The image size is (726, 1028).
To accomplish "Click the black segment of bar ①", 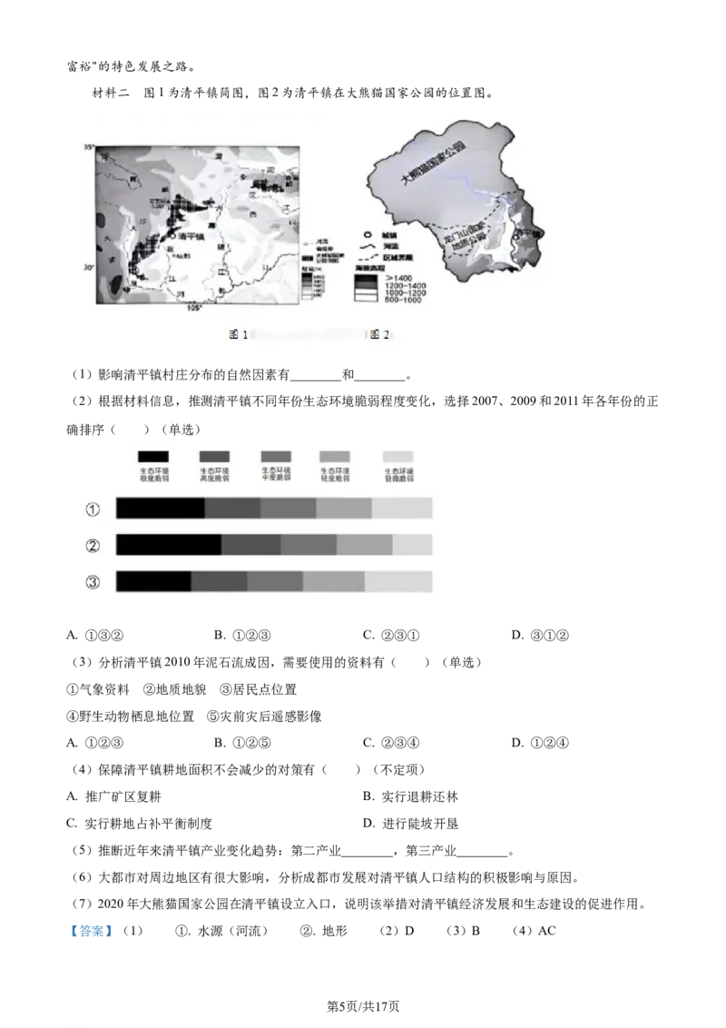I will (161, 509).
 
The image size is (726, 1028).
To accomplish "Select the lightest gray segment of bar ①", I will (402, 509).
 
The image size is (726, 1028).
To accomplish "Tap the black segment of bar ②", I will (169, 545).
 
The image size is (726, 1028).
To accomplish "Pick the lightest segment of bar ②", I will (413, 545).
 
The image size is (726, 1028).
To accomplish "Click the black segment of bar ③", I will (153, 581).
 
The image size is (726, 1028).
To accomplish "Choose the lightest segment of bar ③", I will (398, 581).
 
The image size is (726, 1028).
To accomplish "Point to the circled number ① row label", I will (93, 509).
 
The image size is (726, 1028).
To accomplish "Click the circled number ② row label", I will (93, 546).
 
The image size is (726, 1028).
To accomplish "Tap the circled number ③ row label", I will (93, 582).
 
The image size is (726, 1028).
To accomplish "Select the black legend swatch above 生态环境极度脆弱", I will (153, 457).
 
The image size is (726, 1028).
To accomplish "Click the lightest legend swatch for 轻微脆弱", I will (398, 457).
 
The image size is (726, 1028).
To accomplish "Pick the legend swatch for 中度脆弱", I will (276, 457).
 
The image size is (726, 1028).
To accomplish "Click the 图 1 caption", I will (238, 335).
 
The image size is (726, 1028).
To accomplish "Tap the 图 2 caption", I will (379, 335).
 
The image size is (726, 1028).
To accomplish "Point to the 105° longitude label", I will (194, 309).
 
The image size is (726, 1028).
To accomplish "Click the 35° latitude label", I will (89, 146).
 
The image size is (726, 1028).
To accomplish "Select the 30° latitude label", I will (89, 267).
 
